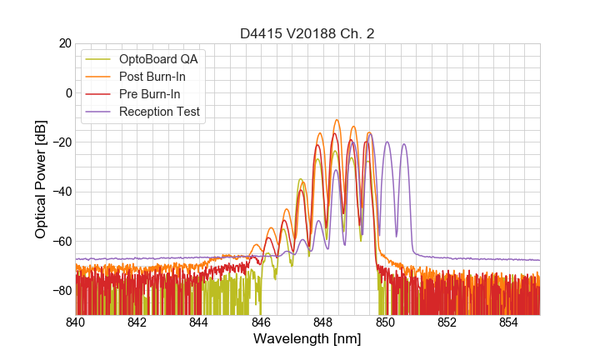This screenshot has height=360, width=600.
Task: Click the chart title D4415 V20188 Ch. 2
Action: pyautogui.click(x=307, y=33)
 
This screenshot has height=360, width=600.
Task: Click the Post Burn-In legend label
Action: pyautogui.click(x=152, y=77)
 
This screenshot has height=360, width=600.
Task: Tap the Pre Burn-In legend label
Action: pyautogui.click(x=150, y=94)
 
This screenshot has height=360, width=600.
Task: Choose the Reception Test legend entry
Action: pyautogui.click(x=160, y=112)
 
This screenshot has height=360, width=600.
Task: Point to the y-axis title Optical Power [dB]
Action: pyautogui.click(x=41, y=179)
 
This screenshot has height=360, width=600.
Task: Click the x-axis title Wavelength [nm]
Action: pyautogui.click(x=307, y=339)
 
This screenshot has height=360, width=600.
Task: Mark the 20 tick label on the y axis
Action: pyautogui.click(x=64, y=43)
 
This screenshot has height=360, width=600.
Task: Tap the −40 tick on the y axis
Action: pyautogui.click(x=61, y=192)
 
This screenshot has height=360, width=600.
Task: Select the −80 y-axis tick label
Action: pyautogui.click(x=61, y=291)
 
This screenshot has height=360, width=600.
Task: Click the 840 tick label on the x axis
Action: pyautogui.click(x=76, y=322)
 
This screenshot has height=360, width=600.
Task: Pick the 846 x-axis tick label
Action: pyautogui.click(x=261, y=322)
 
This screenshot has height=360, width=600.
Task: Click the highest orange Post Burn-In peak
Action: pyautogui.click(x=337, y=121)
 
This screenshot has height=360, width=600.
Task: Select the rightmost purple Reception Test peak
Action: pyautogui.click(x=404, y=144)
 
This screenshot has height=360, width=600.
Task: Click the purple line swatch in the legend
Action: pyautogui.click(x=99, y=112)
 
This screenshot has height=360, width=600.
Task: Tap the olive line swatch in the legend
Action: pyautogui.click(x=99, y=59)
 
